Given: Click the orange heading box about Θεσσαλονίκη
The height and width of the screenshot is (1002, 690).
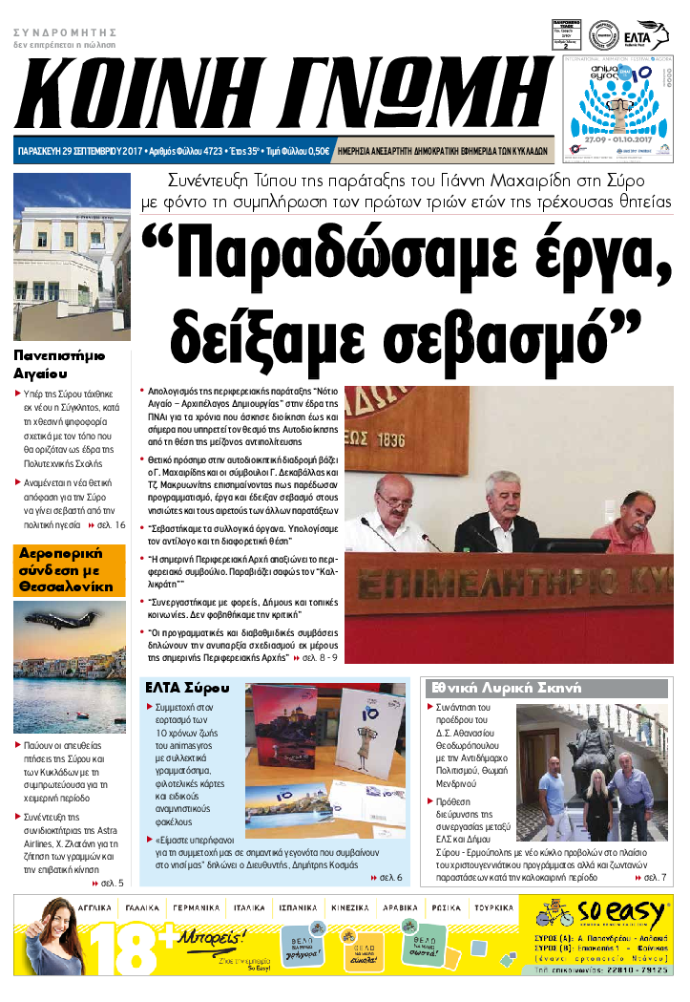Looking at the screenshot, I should (69, 569).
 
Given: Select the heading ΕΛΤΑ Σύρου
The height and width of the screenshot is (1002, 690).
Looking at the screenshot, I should (186, 688).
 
